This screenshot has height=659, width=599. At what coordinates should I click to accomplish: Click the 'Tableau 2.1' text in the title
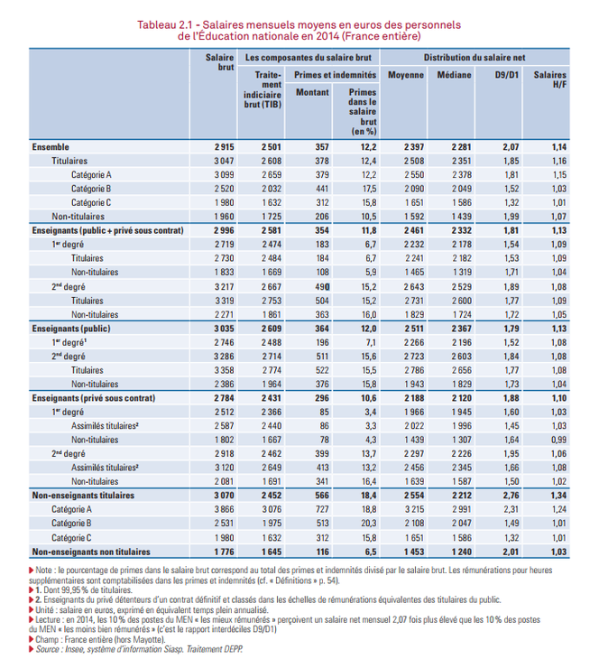[165, 24]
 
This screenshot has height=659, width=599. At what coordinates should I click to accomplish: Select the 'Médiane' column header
[454, 75]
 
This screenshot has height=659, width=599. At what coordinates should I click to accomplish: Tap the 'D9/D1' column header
[507, 75]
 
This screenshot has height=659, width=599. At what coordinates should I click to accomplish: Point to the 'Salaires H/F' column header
[550, 79]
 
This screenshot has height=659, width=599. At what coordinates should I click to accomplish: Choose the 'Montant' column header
[312, 92]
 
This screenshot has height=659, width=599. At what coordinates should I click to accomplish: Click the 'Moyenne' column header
[406, 75]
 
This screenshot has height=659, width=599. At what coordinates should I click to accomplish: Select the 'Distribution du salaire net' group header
[475, 58]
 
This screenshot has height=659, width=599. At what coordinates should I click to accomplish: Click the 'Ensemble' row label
[51, 147]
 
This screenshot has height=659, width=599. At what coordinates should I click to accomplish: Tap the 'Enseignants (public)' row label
[71, 329]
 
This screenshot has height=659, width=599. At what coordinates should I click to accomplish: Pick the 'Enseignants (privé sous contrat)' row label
[94, 398]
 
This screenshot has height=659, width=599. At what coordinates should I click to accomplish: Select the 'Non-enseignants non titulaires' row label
[91, 552]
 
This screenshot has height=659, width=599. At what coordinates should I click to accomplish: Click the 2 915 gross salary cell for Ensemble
[225, 147]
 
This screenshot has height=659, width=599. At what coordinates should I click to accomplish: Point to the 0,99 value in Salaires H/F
[558, 440]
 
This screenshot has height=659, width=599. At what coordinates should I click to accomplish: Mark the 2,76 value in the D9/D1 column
[511, 496]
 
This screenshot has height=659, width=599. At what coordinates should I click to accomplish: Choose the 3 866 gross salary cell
[225, 509]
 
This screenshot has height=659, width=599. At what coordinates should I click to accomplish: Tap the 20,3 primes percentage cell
[369, 524]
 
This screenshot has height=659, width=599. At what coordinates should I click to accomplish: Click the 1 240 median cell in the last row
[462, 552]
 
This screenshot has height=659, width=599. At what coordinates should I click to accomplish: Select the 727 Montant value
[322, 509]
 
